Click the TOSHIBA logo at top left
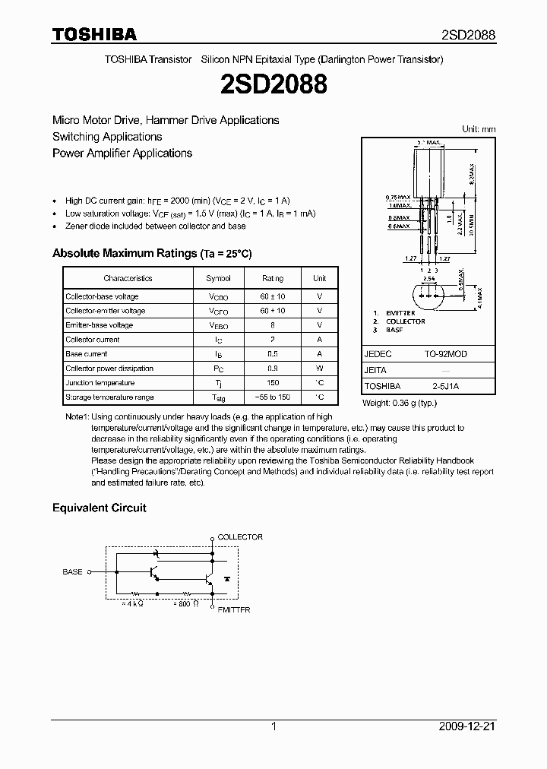[x=94, y=34]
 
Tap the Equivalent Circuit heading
[x=99, y=508]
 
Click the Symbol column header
[x=218, y=279]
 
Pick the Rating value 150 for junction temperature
[x=272, y=383]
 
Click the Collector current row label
[x=92, y=340]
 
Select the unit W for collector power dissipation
[x=320, y=369]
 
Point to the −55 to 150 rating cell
[x=272, y=397]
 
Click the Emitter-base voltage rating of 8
[x=272, y=325]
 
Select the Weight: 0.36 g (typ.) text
[x=399, y=403]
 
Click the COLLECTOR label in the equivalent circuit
[x=240, y=537]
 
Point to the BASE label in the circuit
[x=72, y=571]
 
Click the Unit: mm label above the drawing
[x=479, y=130]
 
